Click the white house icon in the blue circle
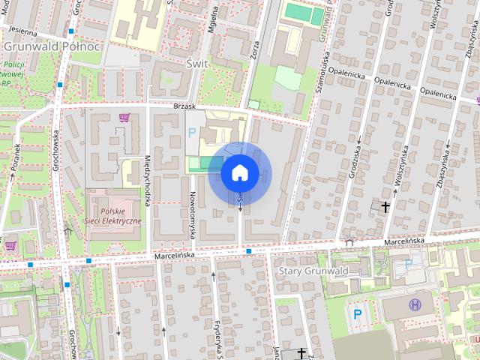coord(240,173)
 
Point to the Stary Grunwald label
coord(310,270)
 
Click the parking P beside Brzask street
coord(191,133)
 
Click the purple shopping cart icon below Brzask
coord(124,118)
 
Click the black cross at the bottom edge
coord(301,352)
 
